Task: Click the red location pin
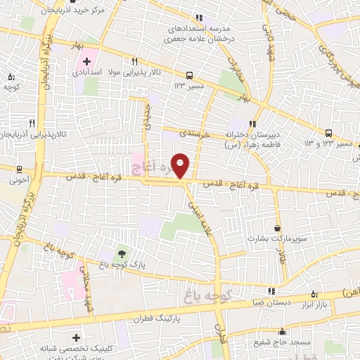click(x=181, y=165)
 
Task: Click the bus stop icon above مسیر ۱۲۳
click(x=189, y=75)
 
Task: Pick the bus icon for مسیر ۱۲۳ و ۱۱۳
click(x=329, y=133)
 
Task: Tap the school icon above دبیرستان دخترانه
click(x=253, y=124)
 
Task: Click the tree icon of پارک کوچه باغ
click(x=123, y=253)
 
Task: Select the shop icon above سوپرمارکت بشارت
click(x=278, y=228)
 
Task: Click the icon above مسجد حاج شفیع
click(x=283, y=331)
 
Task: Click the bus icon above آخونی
click(x=18, y=169)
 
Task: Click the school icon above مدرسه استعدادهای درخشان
click(x=200, y=18)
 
